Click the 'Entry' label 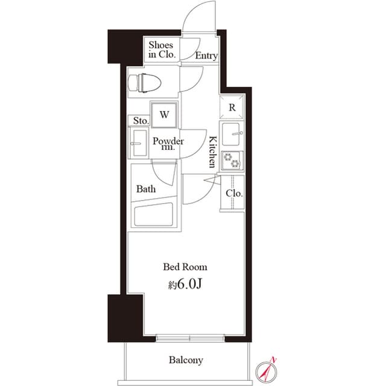[206, 56]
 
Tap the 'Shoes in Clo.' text [161, 50]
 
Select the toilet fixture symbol [144, 82]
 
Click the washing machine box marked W [164, 114]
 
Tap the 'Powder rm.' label [168, 145]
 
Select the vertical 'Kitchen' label [212, 151]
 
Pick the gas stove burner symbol [232, 160]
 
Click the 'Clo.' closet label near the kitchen [233, 193]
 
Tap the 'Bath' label [145, 189]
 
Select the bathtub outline [153, 215]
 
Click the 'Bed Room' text [185, 266]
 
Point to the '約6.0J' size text [185, 285]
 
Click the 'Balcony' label [185, 360]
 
